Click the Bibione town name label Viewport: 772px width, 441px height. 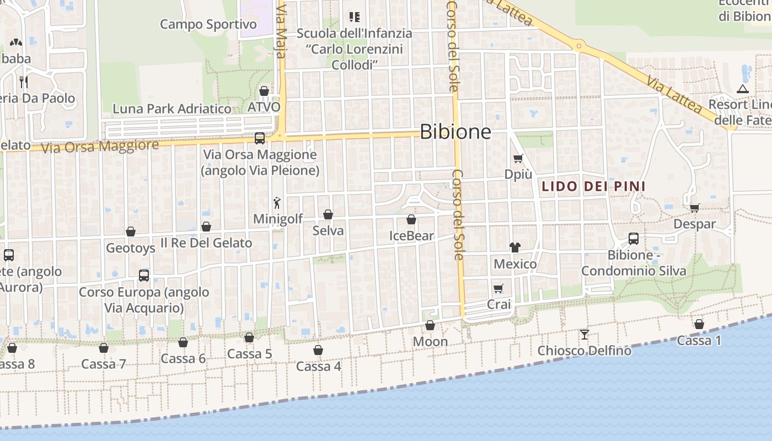455,132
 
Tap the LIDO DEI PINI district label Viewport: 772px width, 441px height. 593,186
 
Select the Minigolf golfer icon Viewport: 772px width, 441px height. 277,202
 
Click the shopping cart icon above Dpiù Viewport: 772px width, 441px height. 518,159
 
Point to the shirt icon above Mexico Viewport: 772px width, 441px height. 515,248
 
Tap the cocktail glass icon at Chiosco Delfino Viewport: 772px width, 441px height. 585,334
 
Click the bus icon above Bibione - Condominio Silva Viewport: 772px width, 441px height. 634,239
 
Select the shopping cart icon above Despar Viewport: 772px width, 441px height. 695,208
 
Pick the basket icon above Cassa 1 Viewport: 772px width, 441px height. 699,324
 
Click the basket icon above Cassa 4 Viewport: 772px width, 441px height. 318,350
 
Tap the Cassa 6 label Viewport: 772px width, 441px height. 183,358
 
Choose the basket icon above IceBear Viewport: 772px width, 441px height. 411,220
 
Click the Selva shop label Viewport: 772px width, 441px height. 328,230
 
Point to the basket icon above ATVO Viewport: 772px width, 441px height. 264,91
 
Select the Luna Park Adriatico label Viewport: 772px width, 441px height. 172,109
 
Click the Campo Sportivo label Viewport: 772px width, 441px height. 208,24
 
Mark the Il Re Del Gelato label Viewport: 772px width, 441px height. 206,243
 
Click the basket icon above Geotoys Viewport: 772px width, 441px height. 131,232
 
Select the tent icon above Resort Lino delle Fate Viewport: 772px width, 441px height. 743,89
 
